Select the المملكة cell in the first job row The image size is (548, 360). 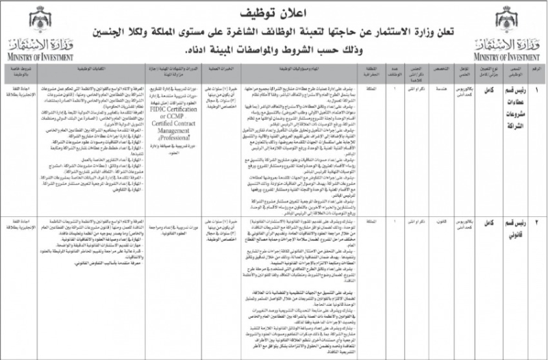click(x=355, y=89)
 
